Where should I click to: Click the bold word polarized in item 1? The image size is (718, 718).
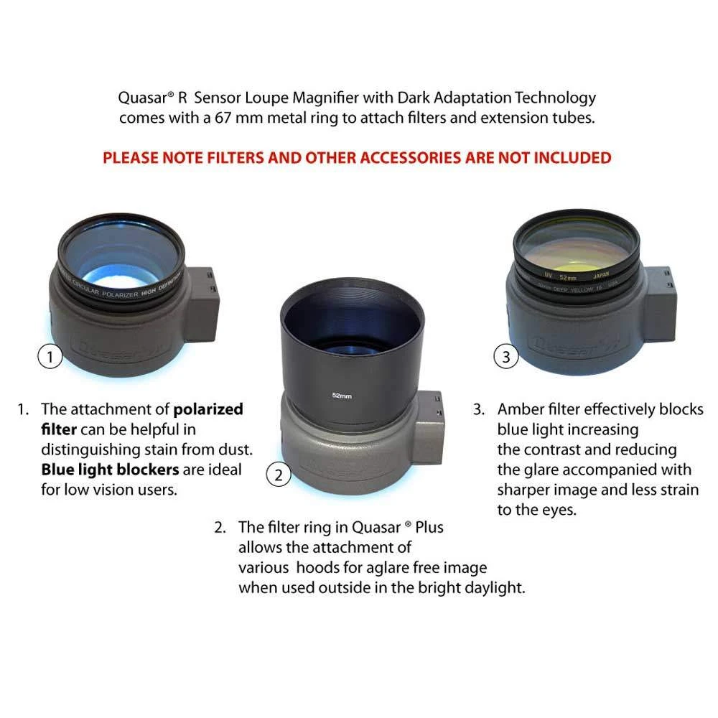tap(208, 409)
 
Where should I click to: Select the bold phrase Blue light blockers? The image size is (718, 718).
tap(106, 470)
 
